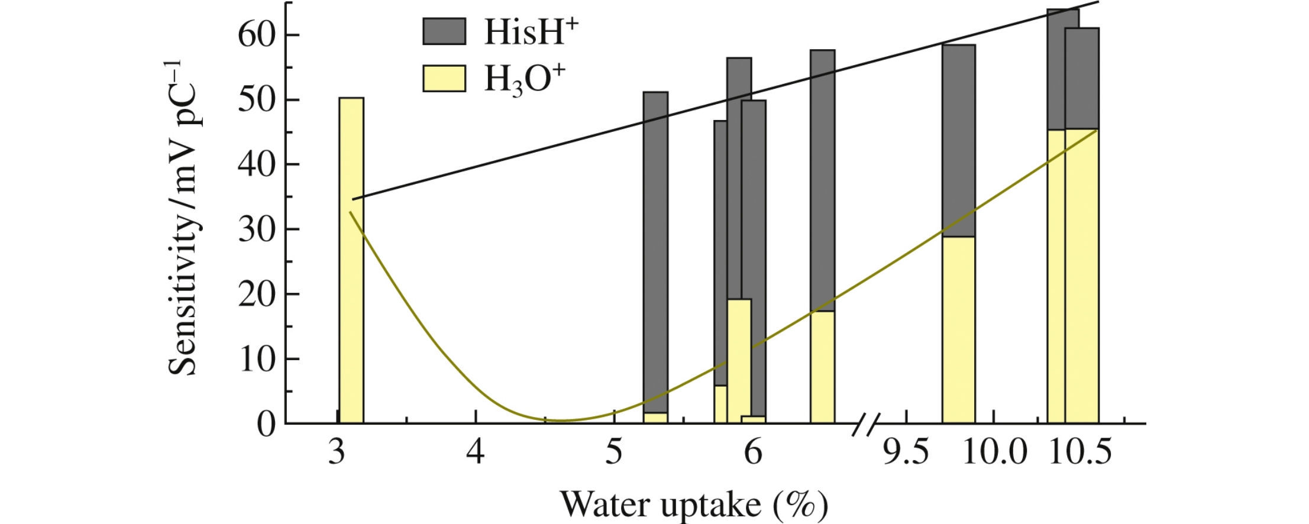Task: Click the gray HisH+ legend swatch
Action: point(444,31)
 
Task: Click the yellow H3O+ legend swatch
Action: point(444,78)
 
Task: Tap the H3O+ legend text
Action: point(524,79)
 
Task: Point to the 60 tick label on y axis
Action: point(257,35)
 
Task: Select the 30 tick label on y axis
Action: point(257,229)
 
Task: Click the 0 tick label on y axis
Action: point(266,424)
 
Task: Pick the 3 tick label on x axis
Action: point(337,453)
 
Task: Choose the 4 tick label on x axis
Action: point(476,453)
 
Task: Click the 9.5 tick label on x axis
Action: point(906,453)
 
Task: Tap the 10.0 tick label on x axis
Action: point(994,453)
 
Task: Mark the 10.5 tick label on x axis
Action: point(1080,453)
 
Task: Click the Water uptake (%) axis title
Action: point(694,504)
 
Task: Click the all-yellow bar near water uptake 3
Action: point(351,260)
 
